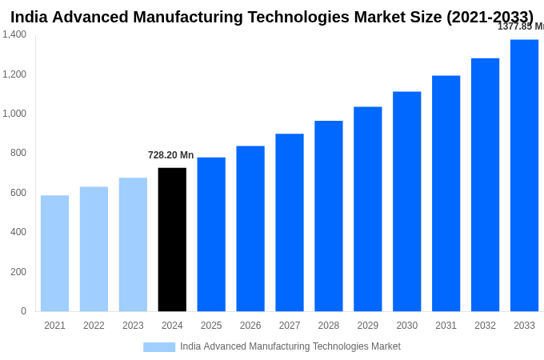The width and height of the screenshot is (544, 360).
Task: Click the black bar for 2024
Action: (172, 239)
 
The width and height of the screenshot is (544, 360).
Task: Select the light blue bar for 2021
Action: (54, 253)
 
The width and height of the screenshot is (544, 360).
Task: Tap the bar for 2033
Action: (524, 175)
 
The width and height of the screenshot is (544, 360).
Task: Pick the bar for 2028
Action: (328, 216)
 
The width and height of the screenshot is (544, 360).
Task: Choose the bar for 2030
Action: (406, 201)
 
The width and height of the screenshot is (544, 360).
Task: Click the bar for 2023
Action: (133, 244)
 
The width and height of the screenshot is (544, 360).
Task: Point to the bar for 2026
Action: (250, 228)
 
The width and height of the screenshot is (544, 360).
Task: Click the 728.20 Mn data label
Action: (170, 155)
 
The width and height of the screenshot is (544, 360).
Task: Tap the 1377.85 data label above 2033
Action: (520, 26)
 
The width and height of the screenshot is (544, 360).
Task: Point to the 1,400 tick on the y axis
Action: (14, 34)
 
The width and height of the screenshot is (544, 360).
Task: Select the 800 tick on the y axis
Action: (18, 153)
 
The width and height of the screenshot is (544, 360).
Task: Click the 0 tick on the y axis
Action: (23, 311)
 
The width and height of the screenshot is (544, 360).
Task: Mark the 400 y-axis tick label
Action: (18, 232)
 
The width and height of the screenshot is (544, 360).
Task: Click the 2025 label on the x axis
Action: (211, 326)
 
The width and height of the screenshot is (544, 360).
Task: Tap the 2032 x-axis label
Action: (485, 326)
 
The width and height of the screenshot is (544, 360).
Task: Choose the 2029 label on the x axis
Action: (367, 326)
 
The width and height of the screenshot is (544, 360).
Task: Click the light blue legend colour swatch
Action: (159, 347)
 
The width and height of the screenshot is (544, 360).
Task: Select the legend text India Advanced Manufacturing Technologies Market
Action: (290, 346)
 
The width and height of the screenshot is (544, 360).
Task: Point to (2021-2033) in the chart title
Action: (490, 17)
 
